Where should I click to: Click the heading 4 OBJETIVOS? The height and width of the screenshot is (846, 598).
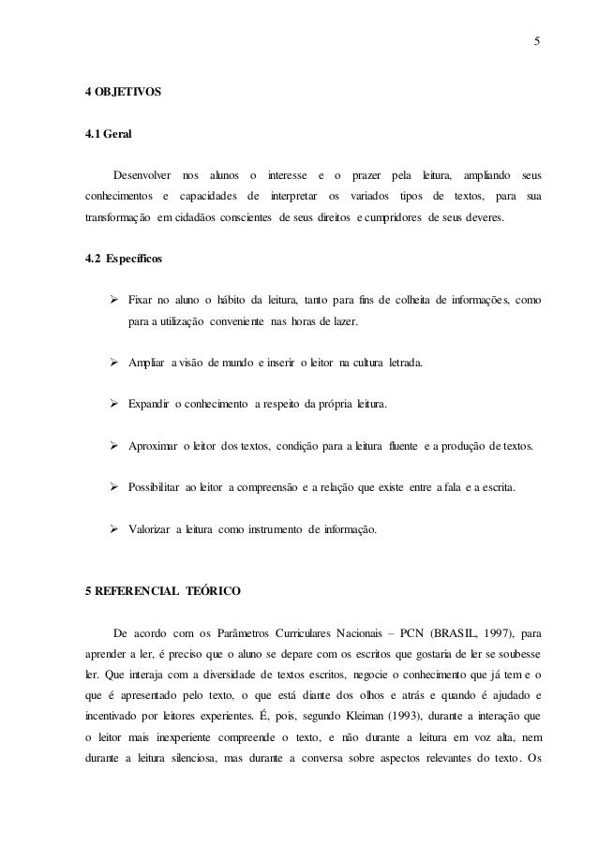coord(123,94)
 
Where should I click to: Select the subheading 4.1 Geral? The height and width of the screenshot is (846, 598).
coord(108,134)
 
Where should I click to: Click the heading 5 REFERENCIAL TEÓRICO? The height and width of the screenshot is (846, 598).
coord(163,592)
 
